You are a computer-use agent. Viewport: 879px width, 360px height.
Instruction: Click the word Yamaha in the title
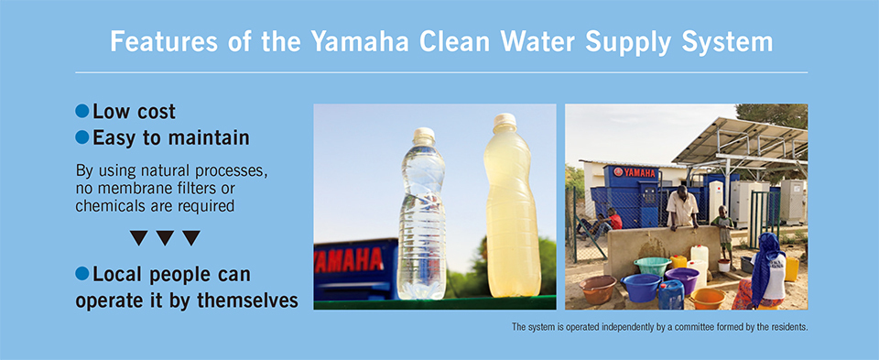coord(359,41)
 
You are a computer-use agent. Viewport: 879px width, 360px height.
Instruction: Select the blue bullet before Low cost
coord(82,111)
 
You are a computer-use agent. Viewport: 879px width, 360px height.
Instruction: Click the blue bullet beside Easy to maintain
coord(82,137)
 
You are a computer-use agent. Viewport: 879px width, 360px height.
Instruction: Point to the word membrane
coord(121,189)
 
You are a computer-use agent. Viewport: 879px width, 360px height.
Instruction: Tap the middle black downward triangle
coord(165,238)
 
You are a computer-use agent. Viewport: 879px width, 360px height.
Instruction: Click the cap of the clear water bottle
coord(424,136)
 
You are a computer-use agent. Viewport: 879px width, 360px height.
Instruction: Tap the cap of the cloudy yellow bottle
coord(505,122)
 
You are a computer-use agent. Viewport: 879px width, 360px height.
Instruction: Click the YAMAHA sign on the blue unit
coord(635,172)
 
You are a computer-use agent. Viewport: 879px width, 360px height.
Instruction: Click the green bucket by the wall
coord(652,266)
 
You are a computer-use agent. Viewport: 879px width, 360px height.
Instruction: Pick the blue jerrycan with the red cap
coord(671,294)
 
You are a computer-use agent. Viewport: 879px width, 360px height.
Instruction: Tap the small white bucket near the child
coord(723,266)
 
